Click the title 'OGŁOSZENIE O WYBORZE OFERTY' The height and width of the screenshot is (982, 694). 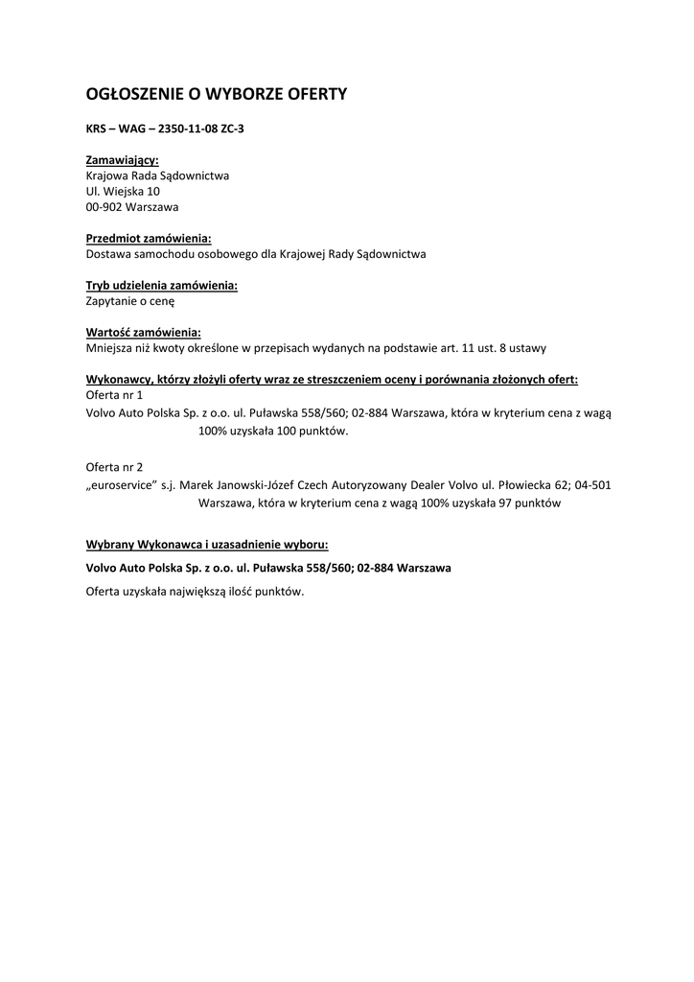[216, 94]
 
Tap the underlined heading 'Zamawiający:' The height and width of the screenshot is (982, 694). [123, 160]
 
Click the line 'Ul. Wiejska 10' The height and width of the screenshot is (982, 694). [123, 191]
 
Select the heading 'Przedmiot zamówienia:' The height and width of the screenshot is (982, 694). [149, 238]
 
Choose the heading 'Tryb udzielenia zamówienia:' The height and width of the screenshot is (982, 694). [162, 285]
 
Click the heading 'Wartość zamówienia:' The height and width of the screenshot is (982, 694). [143, 332]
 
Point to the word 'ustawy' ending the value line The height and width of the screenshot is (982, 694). [528, 347]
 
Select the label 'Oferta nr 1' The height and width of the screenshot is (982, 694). [114, 394]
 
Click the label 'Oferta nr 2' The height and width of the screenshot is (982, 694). [114, 467]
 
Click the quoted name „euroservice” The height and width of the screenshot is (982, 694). [122, 485]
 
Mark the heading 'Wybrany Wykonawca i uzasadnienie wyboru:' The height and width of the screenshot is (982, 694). [207, 545]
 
